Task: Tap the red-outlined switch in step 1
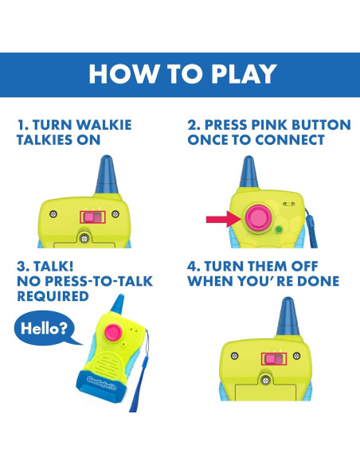pos(93,217)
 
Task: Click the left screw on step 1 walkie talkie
pos(53,214)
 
